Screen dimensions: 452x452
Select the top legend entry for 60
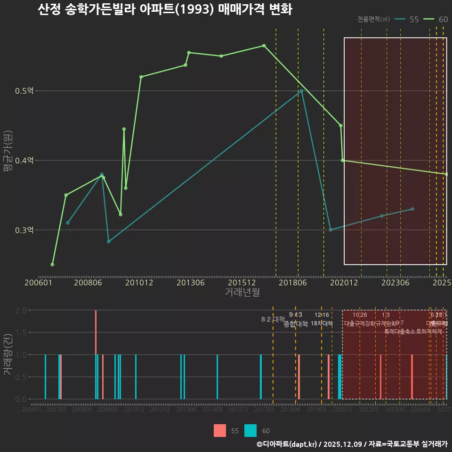436,19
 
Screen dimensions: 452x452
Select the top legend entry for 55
407,19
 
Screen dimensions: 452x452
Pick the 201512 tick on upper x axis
242,283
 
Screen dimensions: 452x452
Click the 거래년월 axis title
242,292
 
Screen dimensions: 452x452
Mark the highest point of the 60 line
264,46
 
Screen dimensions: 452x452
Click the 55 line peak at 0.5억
301,90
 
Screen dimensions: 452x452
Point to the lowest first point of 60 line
52,265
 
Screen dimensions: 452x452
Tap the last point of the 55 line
412,209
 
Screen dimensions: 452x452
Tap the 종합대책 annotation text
296,324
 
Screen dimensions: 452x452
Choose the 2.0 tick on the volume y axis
21,310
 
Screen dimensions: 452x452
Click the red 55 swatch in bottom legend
220,431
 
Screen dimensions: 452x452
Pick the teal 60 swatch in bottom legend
251,431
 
